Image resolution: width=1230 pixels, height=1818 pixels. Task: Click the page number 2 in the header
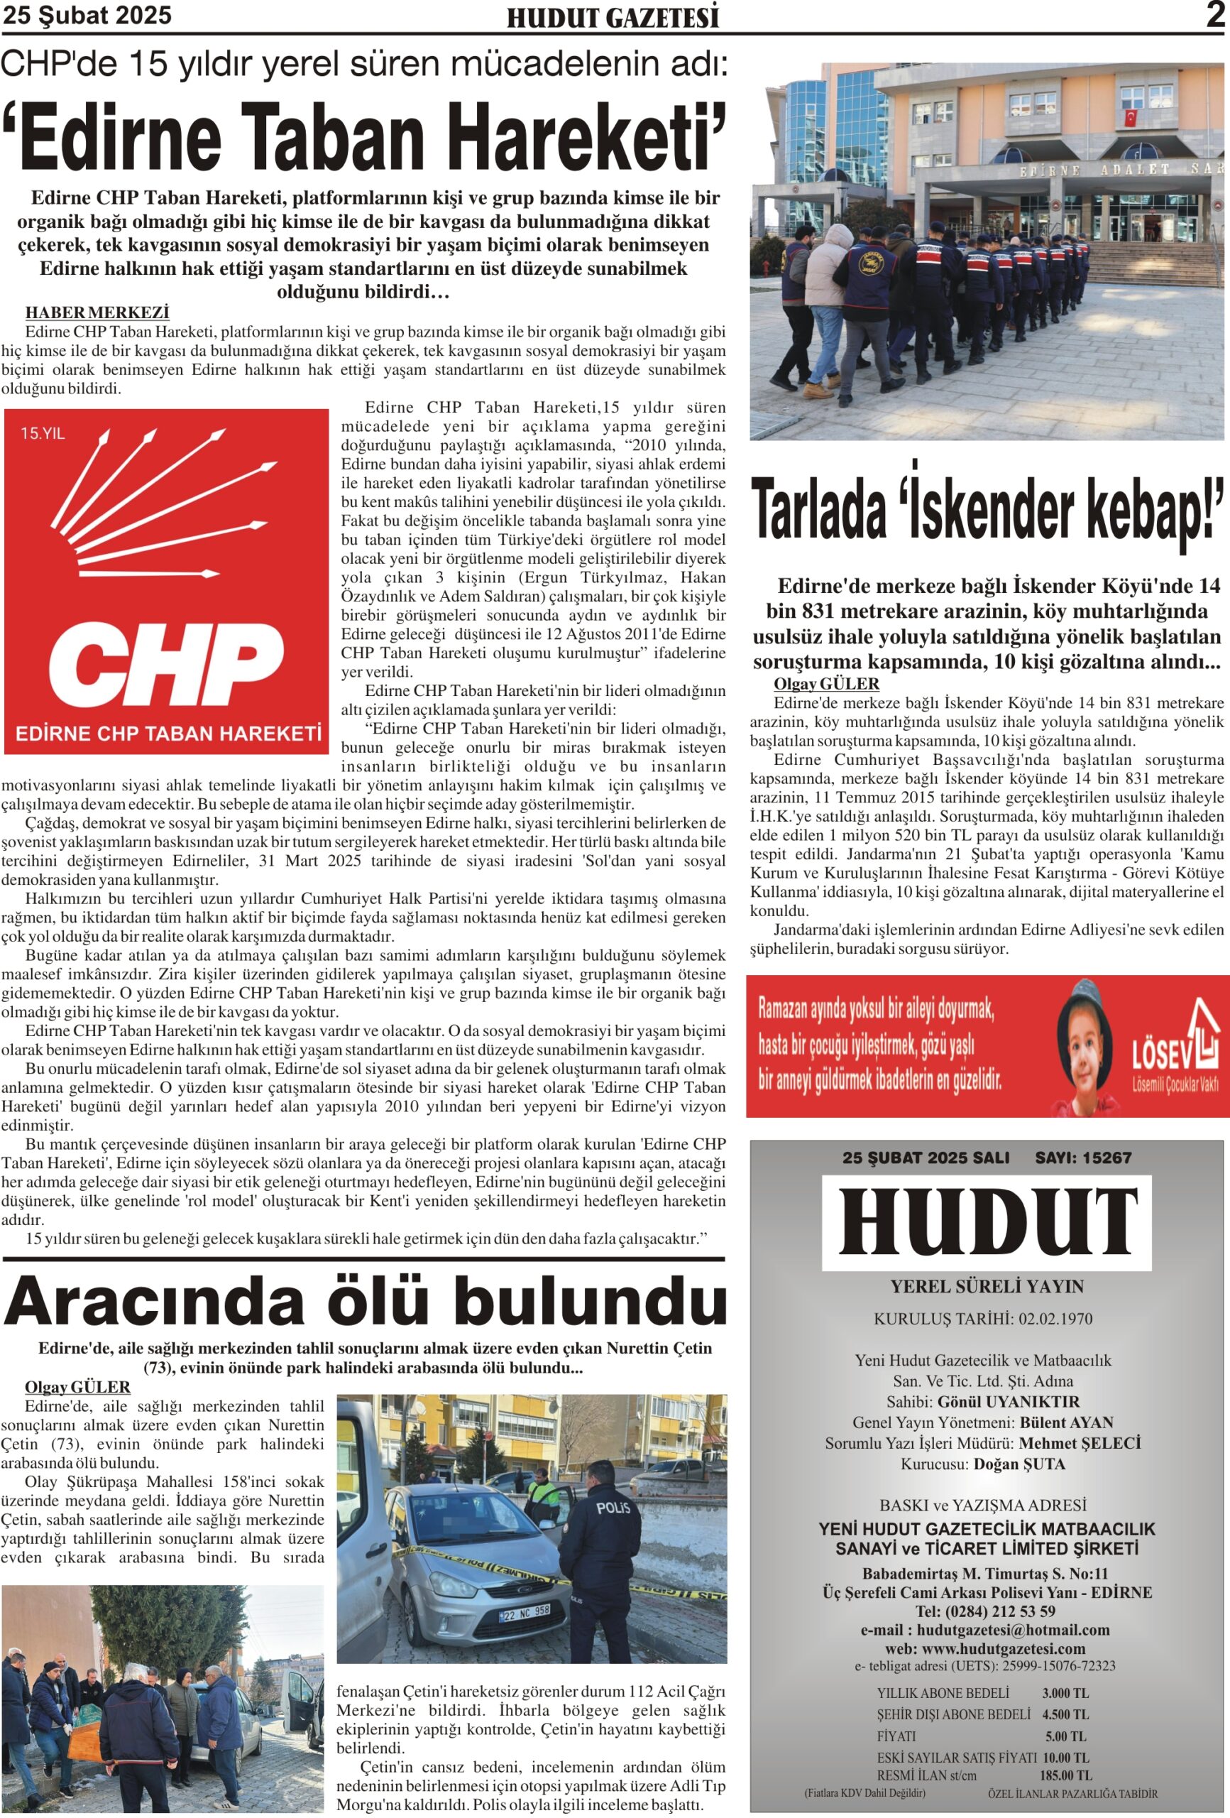coord(1214,15)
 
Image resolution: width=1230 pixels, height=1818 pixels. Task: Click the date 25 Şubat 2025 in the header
coord(87,16)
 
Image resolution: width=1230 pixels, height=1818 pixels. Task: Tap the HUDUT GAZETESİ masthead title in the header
coord(613,18)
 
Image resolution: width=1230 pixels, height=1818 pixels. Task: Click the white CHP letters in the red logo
coord(167,664)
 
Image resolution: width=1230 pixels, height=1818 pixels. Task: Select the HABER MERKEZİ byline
coord(97,313)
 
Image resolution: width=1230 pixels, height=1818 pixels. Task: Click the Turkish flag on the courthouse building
coord(1129,119)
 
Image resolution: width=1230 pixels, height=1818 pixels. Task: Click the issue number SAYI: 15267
coord(1083,1158)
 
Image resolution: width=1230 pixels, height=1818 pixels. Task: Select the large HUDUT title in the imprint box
coord(987,1223)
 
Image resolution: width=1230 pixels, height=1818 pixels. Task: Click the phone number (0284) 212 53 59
coord(1005,1611)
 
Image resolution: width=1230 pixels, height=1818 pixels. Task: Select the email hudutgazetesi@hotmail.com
coord(1013,1631)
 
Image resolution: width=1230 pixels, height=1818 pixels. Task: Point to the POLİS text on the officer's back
coord(613,1508)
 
